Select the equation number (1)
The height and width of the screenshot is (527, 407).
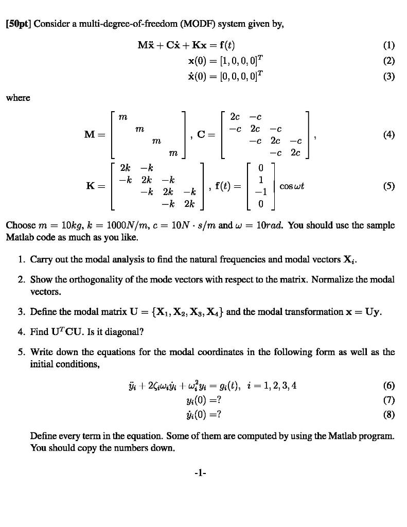pyautogui.click(x=389, y=45)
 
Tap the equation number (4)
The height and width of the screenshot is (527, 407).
pyautogui.click(x=389, y=135)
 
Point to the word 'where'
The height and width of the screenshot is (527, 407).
pyautogui.click(x=17, y=97)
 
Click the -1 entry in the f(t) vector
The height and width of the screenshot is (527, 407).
pyautogui.click(x=261, y=193)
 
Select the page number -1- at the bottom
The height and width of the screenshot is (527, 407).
pyautogui.click(x=203, y=472)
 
